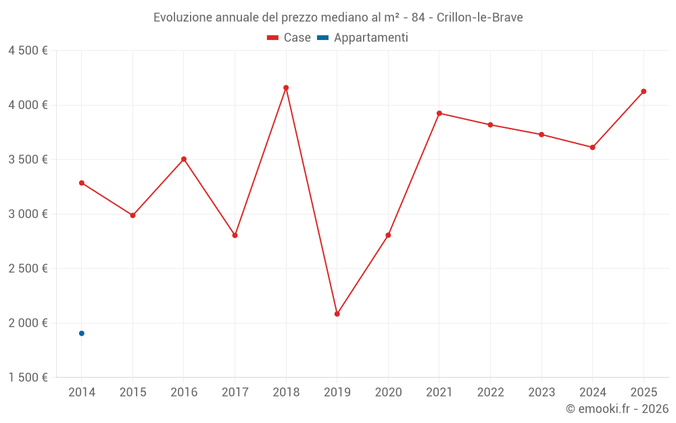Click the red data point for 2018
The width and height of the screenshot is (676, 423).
[286, 88]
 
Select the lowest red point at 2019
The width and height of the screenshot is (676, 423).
[337, 314]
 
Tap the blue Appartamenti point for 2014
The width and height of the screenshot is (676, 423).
[82, 334]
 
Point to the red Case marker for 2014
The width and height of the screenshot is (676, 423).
[82, 183]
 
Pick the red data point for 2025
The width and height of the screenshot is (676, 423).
[644, 91]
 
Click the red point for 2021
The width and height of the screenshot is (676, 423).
[439, 113]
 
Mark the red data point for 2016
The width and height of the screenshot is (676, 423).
[184, 159]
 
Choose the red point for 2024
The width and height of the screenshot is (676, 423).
[592, 148]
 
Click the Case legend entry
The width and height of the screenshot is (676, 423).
[289, 38]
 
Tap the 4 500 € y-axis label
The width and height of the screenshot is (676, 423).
[28, 51]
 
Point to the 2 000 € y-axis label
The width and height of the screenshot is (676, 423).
[28, 323]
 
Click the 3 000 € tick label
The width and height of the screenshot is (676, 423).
[28, 214]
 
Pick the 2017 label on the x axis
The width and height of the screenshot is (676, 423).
[235, 393]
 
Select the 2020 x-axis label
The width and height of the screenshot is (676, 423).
[388, 393]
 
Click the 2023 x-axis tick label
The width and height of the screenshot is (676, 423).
[541, 393]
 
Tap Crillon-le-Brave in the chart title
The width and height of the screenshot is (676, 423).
[479, 17]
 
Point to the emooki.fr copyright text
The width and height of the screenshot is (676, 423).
[617, 409]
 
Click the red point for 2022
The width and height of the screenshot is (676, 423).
[490, 125]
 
